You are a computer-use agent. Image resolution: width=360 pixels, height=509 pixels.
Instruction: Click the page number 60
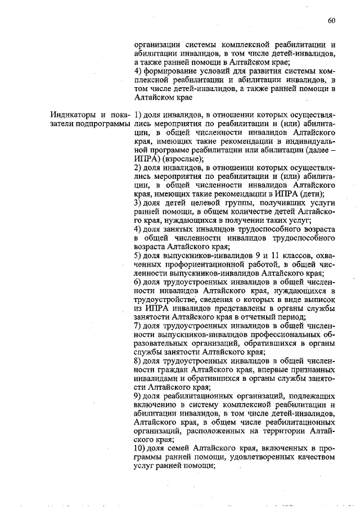[x=331, y=21]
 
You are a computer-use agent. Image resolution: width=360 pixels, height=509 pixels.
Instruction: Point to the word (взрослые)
[x=182, y=159]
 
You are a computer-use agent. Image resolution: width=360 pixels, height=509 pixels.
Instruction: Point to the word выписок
[x=321, y=299]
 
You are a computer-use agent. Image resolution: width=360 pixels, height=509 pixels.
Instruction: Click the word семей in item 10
[x=179, y=448]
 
